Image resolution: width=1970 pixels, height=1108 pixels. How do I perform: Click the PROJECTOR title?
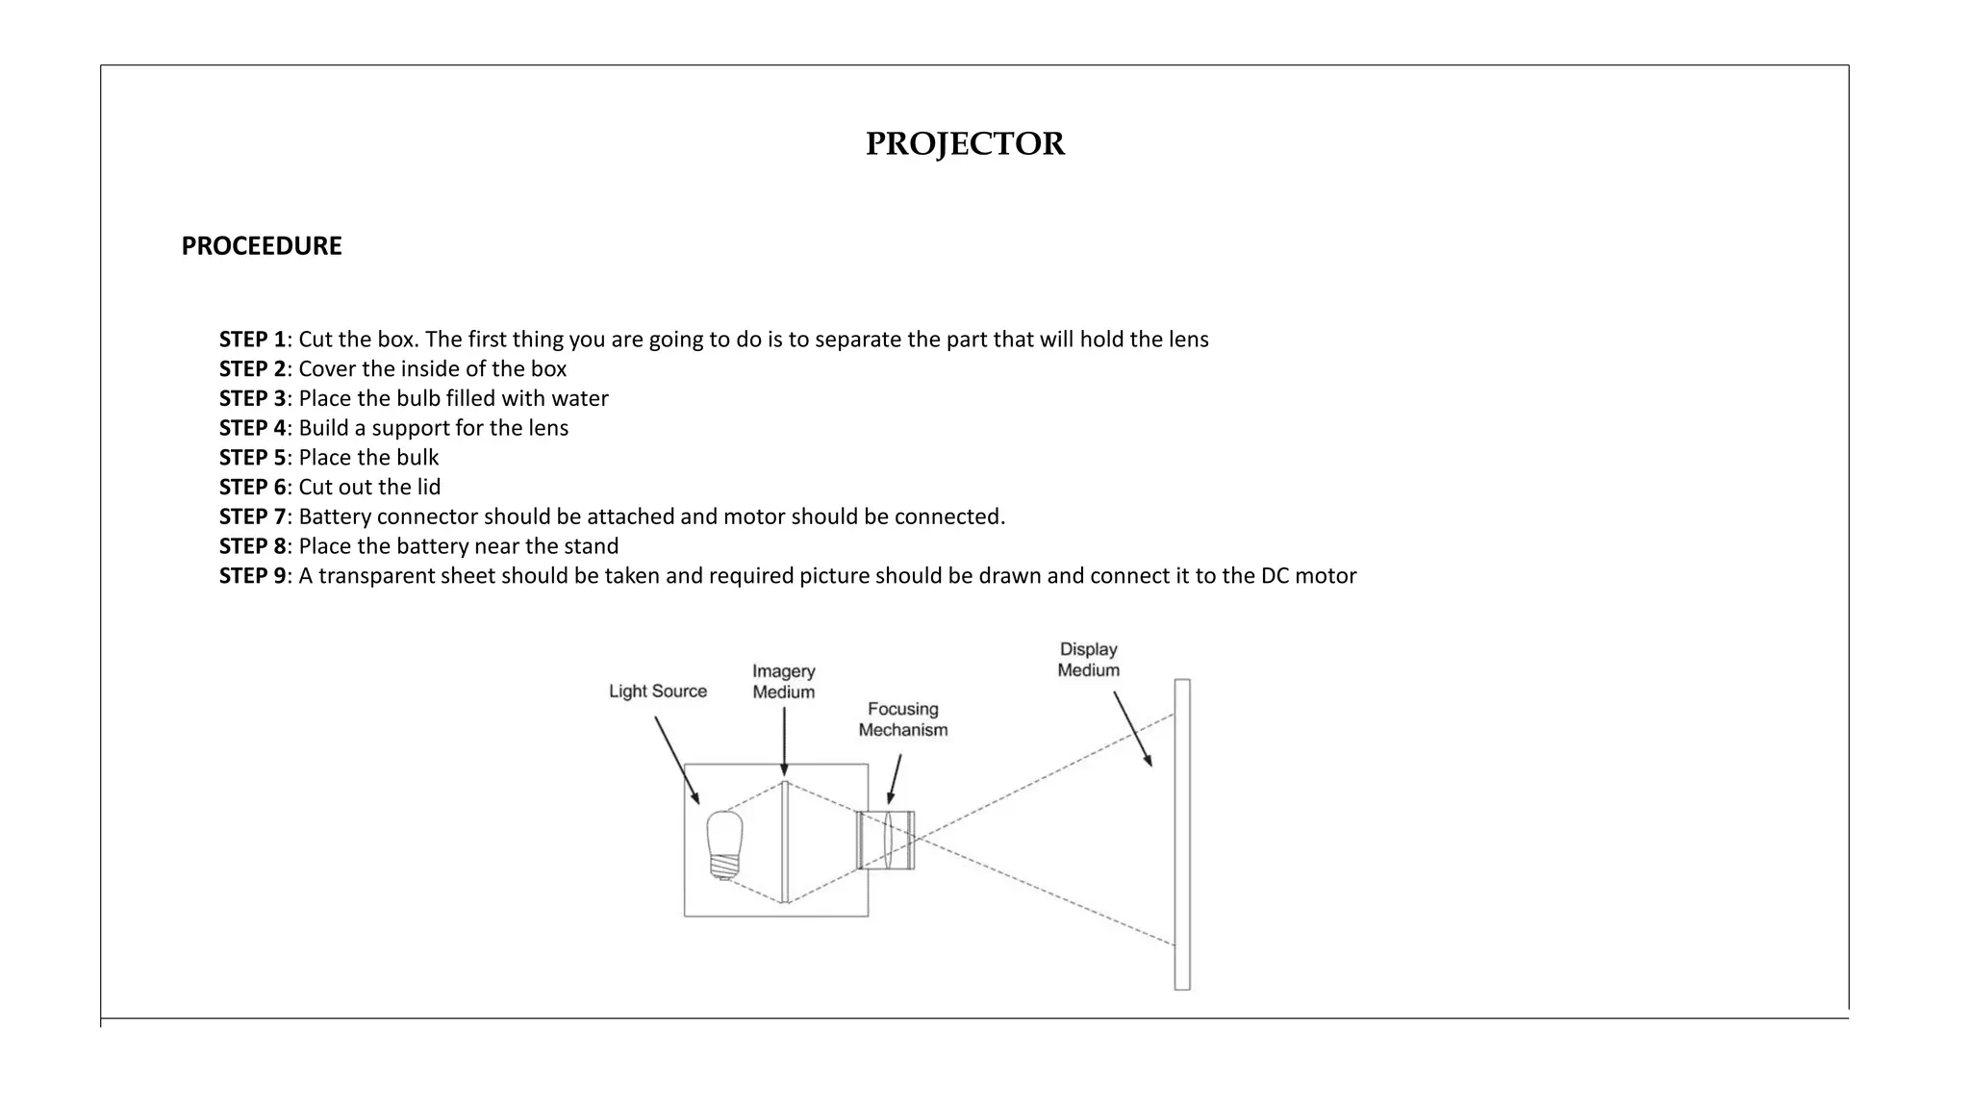[965, 144]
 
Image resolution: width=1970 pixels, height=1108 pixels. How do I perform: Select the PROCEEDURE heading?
[262, 246]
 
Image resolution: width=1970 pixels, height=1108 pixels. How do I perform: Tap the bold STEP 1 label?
[252, 340]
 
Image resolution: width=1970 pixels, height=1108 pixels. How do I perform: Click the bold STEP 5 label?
[252, 458]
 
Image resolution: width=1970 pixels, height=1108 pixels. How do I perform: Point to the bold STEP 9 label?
[252, 576]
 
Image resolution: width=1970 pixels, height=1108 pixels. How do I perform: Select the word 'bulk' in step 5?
[417, 458]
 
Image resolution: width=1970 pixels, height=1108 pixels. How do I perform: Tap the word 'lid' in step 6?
[428, 488]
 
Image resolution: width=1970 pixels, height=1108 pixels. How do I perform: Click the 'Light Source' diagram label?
[658, 692]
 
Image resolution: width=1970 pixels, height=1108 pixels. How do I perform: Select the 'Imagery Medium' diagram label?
[783, 682]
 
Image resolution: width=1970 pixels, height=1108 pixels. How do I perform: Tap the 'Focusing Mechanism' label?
[902, 719]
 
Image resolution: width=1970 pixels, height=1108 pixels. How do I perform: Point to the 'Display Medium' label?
[1088, 661]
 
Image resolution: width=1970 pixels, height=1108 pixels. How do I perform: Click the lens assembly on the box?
[886, 840]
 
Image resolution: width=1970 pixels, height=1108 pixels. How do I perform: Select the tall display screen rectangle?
[1182, 834]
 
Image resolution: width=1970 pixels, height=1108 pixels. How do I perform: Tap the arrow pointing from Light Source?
[676, 759]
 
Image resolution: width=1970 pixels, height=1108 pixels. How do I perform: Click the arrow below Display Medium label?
[1132, 728]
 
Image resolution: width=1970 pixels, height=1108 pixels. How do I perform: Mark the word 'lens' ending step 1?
[1188, 340]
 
